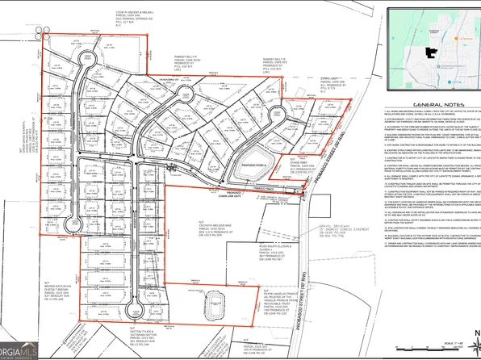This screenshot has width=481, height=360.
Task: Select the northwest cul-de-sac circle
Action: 84,61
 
